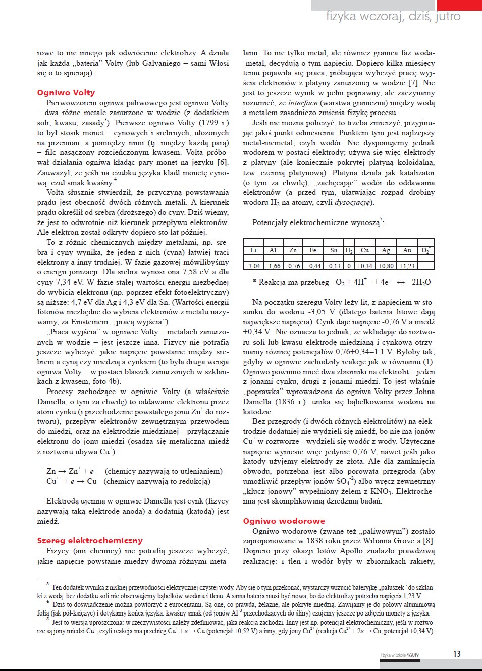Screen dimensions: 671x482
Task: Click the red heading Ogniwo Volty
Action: click(66, 93)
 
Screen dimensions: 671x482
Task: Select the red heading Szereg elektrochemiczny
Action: click(89, 541)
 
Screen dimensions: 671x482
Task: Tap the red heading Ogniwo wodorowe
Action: click(284, 521)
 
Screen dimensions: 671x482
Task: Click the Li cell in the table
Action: click(253, 250)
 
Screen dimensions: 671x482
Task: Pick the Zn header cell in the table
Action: click(293, 250)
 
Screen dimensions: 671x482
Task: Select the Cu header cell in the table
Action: click(364, 250)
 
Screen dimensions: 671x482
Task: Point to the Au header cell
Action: click(407, 250)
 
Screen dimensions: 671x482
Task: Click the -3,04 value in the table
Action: click(253, 266)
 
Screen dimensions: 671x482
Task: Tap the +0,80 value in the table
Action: click(386, 266)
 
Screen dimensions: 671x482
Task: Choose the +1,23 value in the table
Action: click(407, 266)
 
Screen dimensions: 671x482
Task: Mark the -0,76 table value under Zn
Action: click(293, 266)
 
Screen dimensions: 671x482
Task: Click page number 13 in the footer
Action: click(456, 654)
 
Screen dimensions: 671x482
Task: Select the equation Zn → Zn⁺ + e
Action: click(70, 471)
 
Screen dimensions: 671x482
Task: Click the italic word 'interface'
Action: click(303, 103)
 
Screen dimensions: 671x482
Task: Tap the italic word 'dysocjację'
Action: click(353, 202)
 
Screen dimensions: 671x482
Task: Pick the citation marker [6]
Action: click(222, 162)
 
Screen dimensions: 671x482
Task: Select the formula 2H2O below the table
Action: click(421, 283)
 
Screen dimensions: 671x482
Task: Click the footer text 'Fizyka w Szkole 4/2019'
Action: click(399, 655)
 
